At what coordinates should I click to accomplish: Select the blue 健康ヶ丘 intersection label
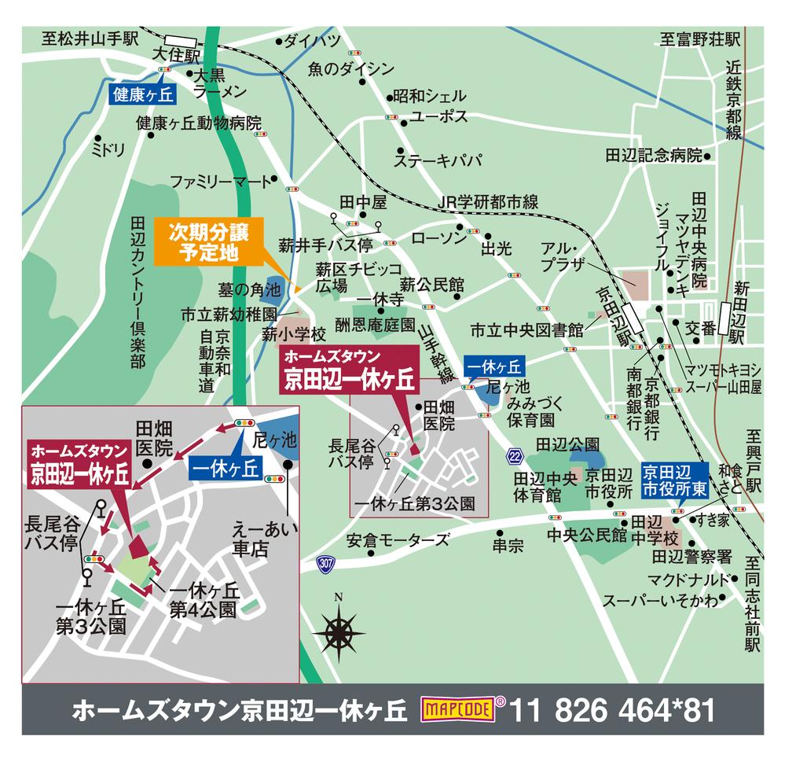point(141,94)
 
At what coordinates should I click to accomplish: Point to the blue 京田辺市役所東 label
point(675,479)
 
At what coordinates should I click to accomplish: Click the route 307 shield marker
point(325,563)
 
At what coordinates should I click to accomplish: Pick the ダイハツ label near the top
point(311,42)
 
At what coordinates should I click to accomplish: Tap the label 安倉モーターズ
point(398,541)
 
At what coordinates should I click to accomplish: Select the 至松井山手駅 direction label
point(90,37)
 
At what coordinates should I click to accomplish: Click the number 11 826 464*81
point(614,710)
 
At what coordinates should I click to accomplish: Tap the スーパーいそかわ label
point(660,602)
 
